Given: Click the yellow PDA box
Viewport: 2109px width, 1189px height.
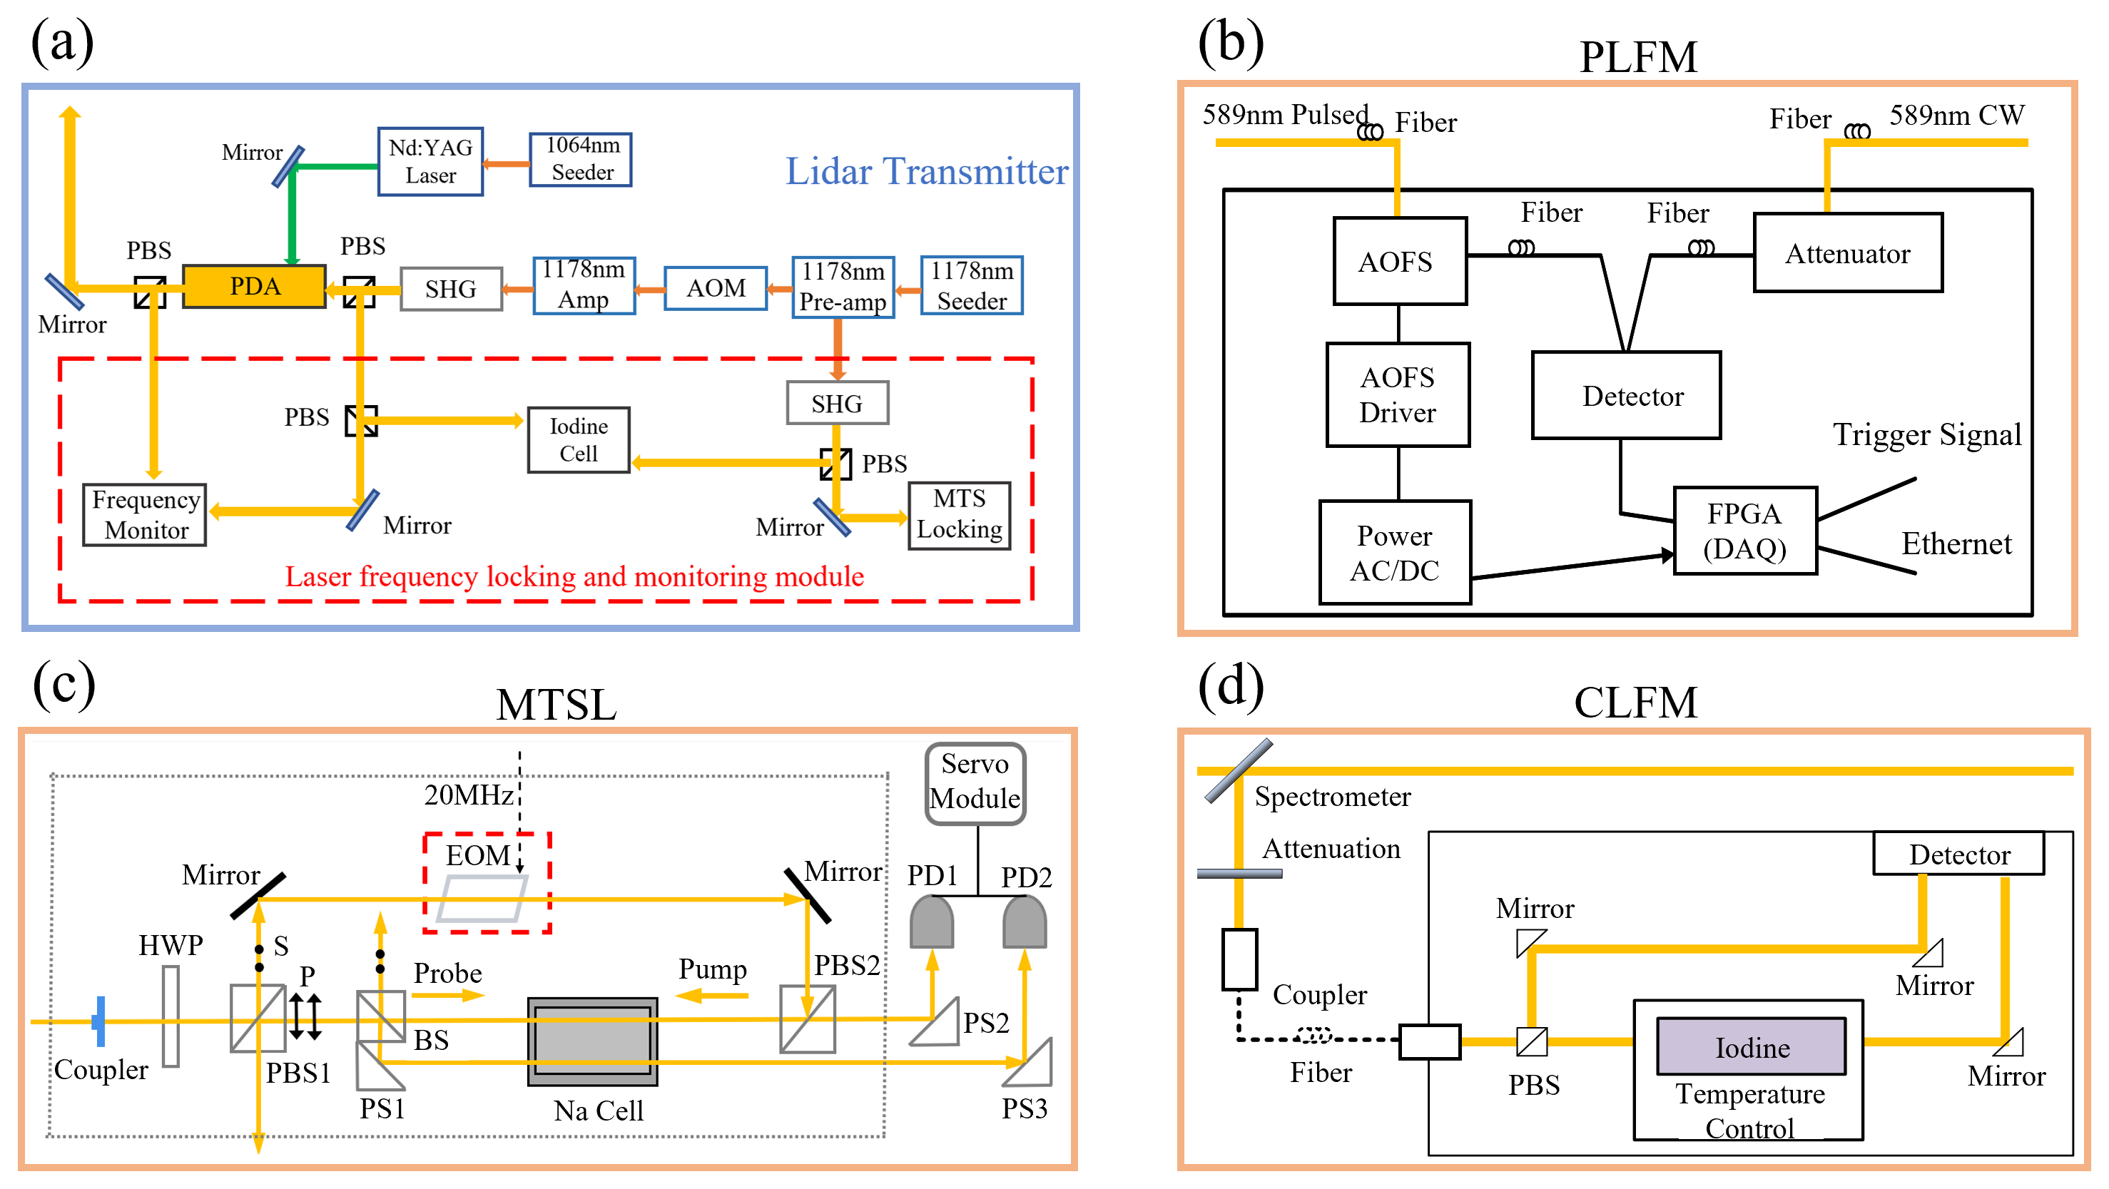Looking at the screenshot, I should tap(254, 287).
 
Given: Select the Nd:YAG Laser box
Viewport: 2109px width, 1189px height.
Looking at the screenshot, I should tap(431, 161).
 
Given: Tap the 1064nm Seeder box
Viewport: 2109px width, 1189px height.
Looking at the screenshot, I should tap(581, 159).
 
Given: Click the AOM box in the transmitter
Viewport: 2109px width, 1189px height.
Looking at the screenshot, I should tap(716, 288).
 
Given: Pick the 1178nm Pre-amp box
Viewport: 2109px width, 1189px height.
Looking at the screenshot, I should tap(843, 287).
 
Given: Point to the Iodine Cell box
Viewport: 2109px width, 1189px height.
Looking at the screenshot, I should tap(579, 440).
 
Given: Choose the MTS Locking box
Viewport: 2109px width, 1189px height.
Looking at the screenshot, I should tap(960, 515).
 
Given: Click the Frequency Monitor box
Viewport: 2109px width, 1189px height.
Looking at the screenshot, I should tap(145, 515).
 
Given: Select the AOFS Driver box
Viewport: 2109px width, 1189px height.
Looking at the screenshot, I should tap(1398, 394).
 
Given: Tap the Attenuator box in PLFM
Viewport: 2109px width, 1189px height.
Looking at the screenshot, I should tap(1847, 253).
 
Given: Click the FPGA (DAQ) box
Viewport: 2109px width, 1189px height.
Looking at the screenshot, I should tap(1744, 530).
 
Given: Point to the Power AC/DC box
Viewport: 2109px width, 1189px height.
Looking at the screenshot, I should tap(1395, 552).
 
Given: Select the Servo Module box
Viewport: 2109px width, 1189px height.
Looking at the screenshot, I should tap(975, 782).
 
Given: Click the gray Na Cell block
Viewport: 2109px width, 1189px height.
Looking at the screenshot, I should tap(593, 1041).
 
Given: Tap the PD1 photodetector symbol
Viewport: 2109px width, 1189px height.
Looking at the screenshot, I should tap(932, 922).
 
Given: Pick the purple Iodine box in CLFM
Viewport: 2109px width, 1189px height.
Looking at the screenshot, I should tap(1752, 1046).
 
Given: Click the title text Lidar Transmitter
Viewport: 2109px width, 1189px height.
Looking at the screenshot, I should tap(927, 171).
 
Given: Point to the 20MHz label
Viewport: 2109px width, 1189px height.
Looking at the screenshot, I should tap(468, 794).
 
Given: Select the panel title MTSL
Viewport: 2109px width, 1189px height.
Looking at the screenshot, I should tap(556, 704).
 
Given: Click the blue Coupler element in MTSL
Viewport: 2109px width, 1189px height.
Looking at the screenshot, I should tap(100, 1021).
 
